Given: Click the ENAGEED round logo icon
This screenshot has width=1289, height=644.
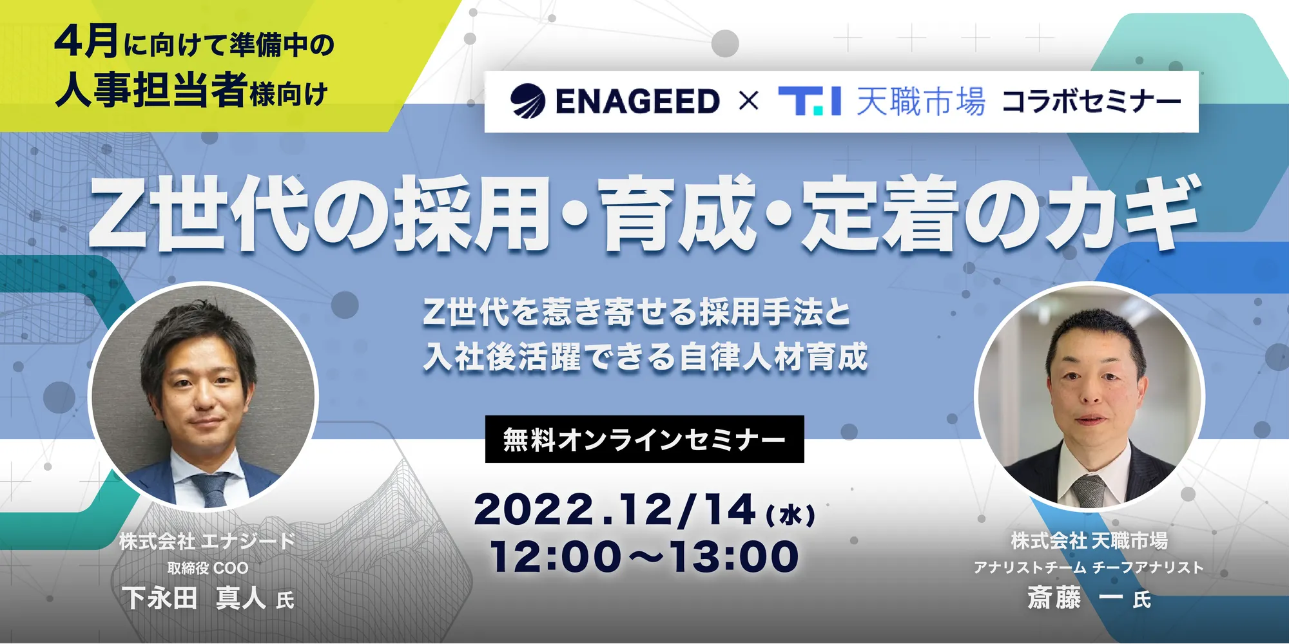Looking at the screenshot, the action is click(x=528, y=101).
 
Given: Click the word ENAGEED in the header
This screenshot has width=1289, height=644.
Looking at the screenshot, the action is click(x=637, y=102).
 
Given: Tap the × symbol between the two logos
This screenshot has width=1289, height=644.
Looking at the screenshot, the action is click(x=748, y=101).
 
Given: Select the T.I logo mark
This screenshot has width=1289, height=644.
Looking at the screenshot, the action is click(x=809, y=102).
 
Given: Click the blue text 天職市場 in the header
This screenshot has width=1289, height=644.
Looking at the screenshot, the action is click(x=921, y=102).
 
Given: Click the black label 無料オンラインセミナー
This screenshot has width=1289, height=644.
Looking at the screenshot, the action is click(x=644, y=439).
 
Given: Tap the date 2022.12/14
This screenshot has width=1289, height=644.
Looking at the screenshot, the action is click(x=615, y=510).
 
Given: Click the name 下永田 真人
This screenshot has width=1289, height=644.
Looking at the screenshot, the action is click(x=194, y=598).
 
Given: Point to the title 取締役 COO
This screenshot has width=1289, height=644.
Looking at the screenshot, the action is click(x=208, y=568).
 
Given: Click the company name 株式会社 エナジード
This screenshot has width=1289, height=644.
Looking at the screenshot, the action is click(x=207, y=541).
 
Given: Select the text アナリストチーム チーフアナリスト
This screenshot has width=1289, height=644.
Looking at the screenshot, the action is click(x=1089, y=567).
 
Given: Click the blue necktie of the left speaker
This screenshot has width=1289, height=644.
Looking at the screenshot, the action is click(x=211, y=490).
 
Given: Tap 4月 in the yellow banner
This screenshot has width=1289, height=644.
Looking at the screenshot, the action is click(x=86, y=41).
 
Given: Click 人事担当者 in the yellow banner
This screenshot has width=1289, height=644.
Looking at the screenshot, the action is click(x=151, y=90).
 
